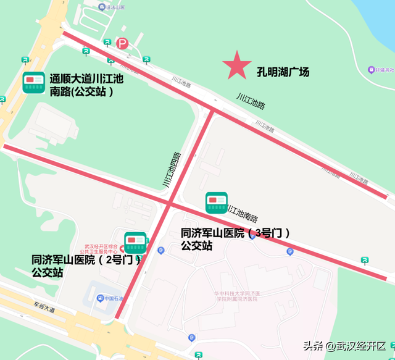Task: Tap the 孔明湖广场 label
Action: (283, 72)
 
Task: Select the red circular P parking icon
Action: (122, 43)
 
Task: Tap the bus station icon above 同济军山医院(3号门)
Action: (216, 203)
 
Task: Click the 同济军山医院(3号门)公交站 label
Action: (235, 239)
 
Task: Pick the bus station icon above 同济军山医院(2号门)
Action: (135, 242)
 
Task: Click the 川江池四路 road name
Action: (172, 169)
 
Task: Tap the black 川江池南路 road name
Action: (243, 213)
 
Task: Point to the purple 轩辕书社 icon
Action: (372, 69)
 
